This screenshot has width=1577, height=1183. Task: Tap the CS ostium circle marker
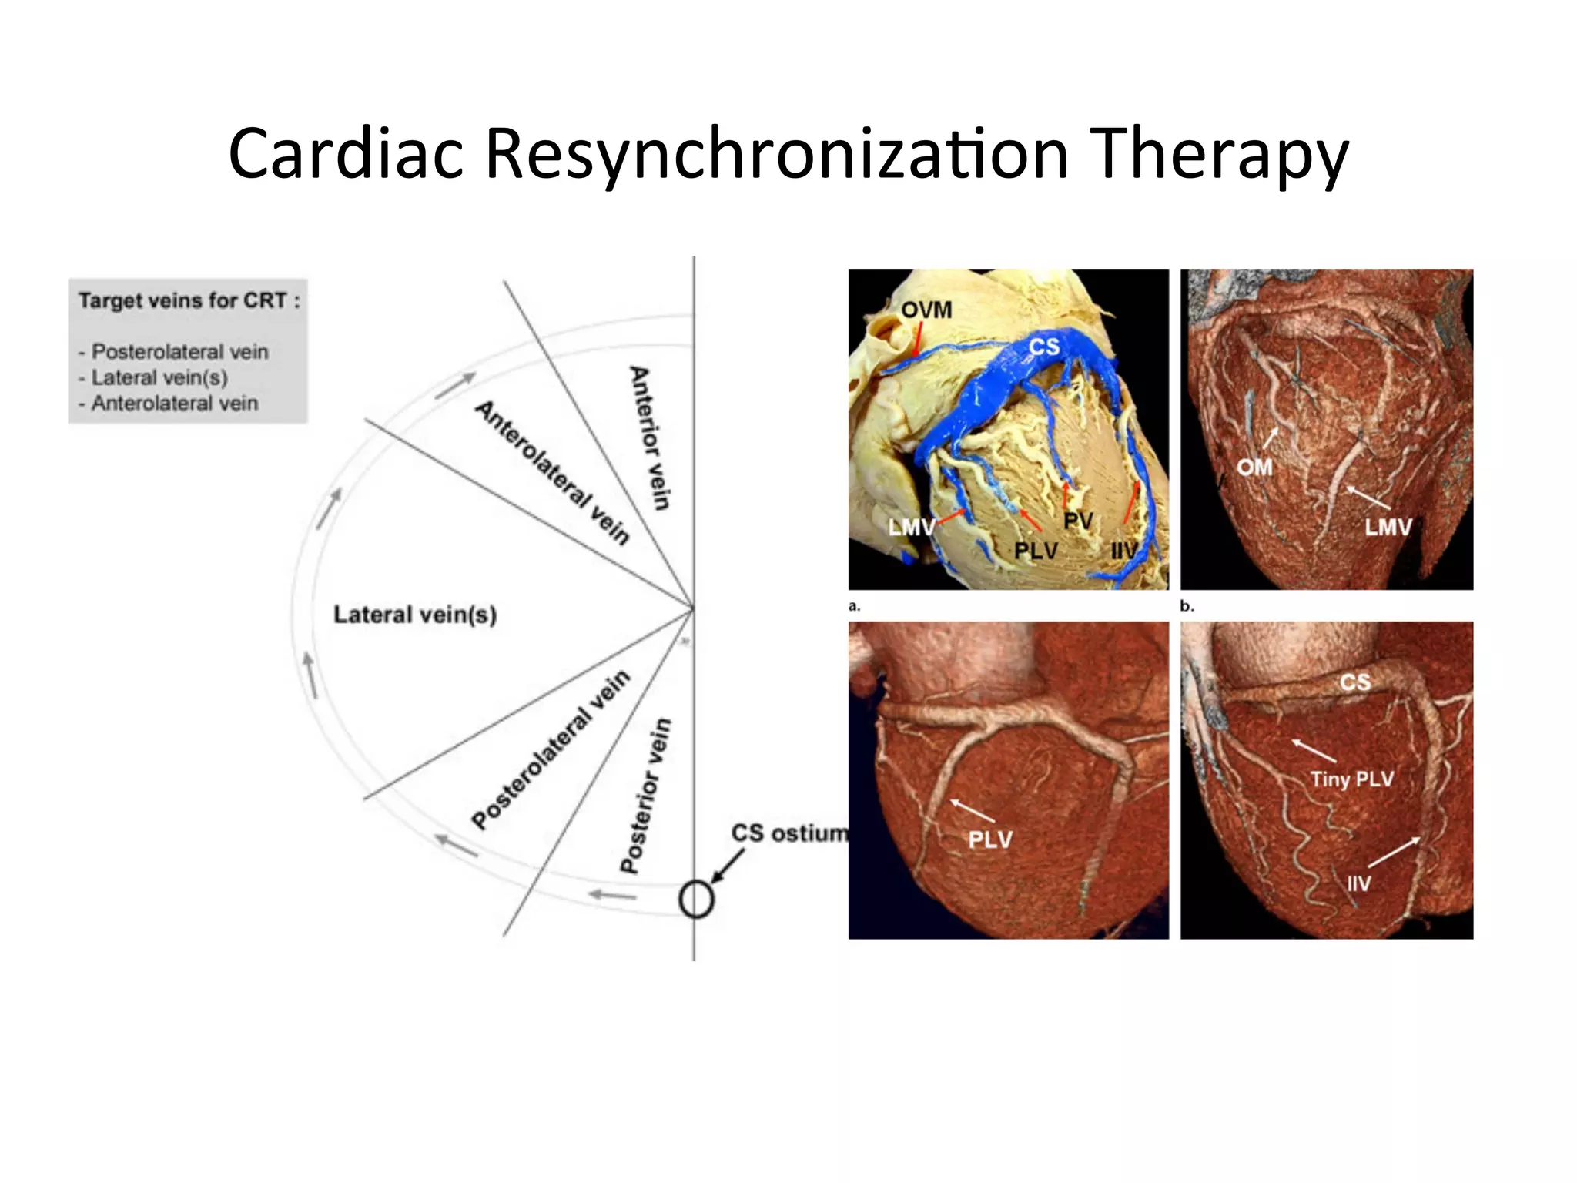(696, 900)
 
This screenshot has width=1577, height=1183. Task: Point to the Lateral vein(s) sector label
(415, 615)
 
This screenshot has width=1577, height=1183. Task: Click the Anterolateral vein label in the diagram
(552, 472)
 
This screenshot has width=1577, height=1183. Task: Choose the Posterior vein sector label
(645, 796)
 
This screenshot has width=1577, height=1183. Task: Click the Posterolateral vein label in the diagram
(550, 749)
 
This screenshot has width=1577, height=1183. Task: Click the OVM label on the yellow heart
(926, 310)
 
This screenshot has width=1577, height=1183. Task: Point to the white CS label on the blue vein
(1043, 347)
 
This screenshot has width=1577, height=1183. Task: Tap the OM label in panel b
(1254, 467)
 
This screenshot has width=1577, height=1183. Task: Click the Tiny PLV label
(1351, 779)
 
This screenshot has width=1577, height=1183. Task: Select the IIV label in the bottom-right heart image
(1358, 883)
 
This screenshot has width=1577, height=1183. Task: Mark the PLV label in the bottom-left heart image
(989, 839)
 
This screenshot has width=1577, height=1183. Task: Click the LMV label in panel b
(1388, 528)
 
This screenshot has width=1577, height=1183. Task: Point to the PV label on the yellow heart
(1077, 521)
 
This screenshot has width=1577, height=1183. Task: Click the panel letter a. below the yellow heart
(854, 607)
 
